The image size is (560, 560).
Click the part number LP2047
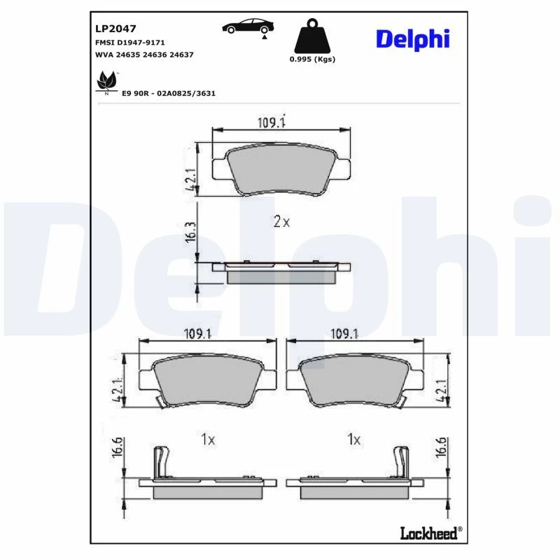click(x=115, y=29)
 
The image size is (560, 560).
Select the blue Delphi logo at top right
click(x=412, y=39)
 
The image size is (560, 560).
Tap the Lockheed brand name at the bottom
click(x=430, y=533)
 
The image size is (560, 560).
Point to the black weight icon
click(x=312, y=36)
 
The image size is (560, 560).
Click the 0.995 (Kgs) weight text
click(x=312, y=59)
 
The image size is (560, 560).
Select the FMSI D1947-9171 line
click(x=130, y=43)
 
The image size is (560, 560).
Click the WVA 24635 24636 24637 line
click(x=144, y=55)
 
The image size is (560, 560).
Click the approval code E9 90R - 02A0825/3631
click(x=169, y=94)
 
